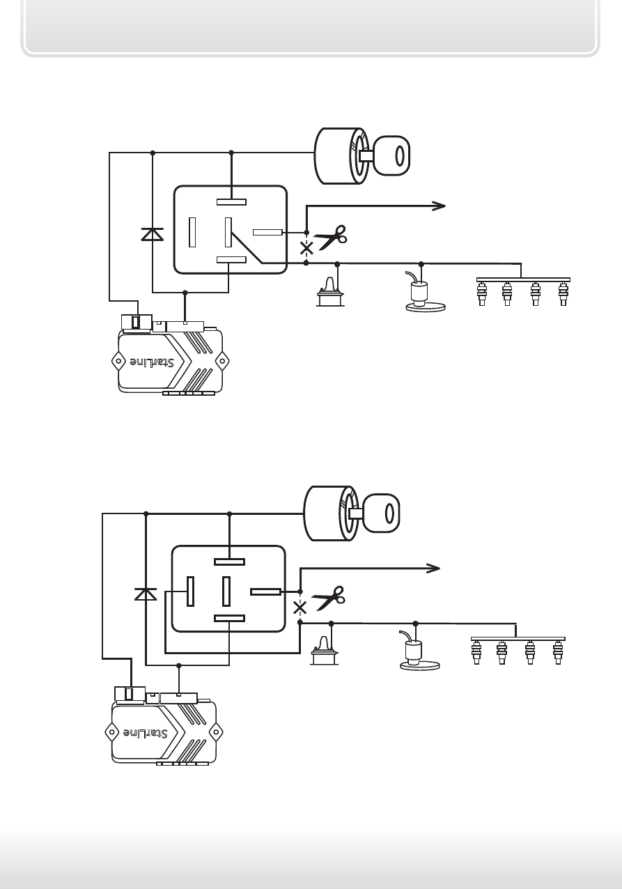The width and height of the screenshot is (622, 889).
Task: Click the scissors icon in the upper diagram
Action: [332, 238]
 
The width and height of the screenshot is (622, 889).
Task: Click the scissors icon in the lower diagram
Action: [329, 598]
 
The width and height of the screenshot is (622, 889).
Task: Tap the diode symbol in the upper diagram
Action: [153, 234]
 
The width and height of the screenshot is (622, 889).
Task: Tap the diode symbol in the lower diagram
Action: [146, 594]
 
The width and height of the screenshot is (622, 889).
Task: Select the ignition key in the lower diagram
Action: [380, 513]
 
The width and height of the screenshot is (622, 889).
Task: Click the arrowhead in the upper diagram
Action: [439, 206]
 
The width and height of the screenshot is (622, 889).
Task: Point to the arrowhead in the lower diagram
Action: [433, 569]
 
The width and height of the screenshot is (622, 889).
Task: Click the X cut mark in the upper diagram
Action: [306, 249]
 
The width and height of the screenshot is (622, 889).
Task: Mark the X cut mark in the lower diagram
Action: [300, 608]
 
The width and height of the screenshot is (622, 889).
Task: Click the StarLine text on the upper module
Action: [152, 362]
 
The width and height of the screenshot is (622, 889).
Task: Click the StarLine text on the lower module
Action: [145, 733]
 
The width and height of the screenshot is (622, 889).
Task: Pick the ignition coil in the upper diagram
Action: [330, 292]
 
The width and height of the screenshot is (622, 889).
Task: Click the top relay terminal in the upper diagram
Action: [231, 201]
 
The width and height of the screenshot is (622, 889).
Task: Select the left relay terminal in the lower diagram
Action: [190, 592]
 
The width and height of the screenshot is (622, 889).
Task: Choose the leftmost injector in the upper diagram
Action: [482, 293]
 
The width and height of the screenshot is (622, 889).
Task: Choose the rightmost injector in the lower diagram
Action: [558, 652]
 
